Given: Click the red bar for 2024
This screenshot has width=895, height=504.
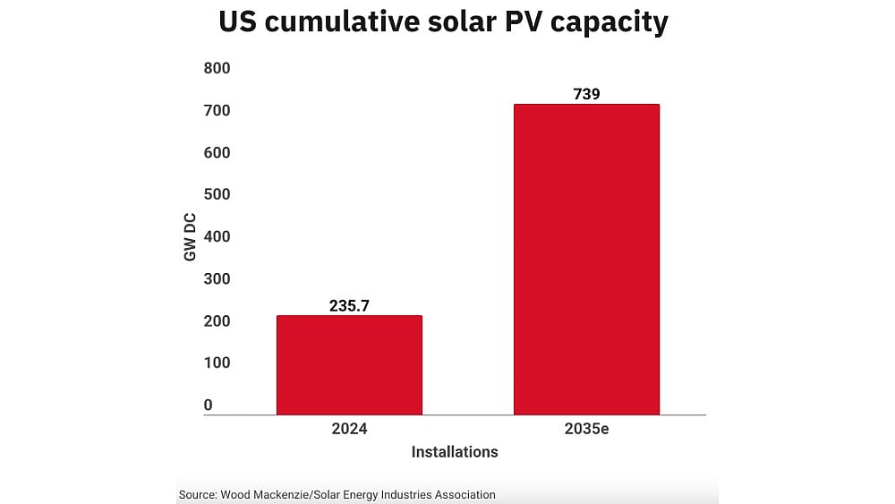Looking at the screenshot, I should coord(349,365).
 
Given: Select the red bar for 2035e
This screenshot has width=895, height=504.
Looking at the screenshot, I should coord(586,260).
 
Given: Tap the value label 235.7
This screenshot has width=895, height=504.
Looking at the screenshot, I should coord(349,305).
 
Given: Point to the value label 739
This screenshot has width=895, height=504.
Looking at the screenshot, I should coord(586,94).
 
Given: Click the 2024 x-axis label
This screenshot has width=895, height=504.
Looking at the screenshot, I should coord(349,429).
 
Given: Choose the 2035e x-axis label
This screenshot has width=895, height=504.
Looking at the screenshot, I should coord(586,429).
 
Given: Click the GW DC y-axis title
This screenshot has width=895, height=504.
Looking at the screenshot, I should coord(190,236).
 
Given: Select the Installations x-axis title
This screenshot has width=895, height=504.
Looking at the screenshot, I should coord(454,452).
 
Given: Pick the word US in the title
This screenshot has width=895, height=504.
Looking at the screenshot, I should coord(240,22).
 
